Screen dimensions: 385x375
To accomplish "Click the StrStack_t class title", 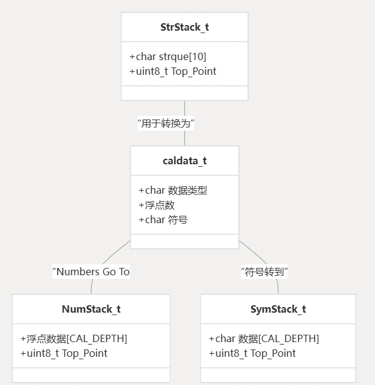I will point(184,28).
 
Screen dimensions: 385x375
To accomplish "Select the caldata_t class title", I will point(184,161).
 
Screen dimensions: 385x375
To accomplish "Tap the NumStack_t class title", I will point(91,309).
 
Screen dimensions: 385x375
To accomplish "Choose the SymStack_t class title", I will point(278,309).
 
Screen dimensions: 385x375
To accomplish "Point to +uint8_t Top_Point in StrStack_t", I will point(173,71).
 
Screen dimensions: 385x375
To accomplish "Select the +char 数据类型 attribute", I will point(173,191).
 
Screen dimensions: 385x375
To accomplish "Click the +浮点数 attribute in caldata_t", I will point(157,205).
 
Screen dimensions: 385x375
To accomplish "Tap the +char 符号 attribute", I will point(163,219).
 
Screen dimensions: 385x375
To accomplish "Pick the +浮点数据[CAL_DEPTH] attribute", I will point(74,338).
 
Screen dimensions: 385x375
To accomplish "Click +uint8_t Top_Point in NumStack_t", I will point(64,353).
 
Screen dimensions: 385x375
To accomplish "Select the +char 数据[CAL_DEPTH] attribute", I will point(263,338).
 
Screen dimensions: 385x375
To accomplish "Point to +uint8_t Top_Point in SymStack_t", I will point(252,353).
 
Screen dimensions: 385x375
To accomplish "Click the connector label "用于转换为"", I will point(166,123).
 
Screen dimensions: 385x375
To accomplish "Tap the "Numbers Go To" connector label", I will point(91,272).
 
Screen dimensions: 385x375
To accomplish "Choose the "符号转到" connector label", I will point(265,272).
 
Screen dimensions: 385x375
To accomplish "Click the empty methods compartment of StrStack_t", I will point(184,93).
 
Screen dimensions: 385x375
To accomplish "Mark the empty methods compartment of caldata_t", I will point(184,242).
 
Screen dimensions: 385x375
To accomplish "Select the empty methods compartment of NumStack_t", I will point(91,375).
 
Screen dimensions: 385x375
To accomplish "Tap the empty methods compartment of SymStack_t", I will point(278,375).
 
